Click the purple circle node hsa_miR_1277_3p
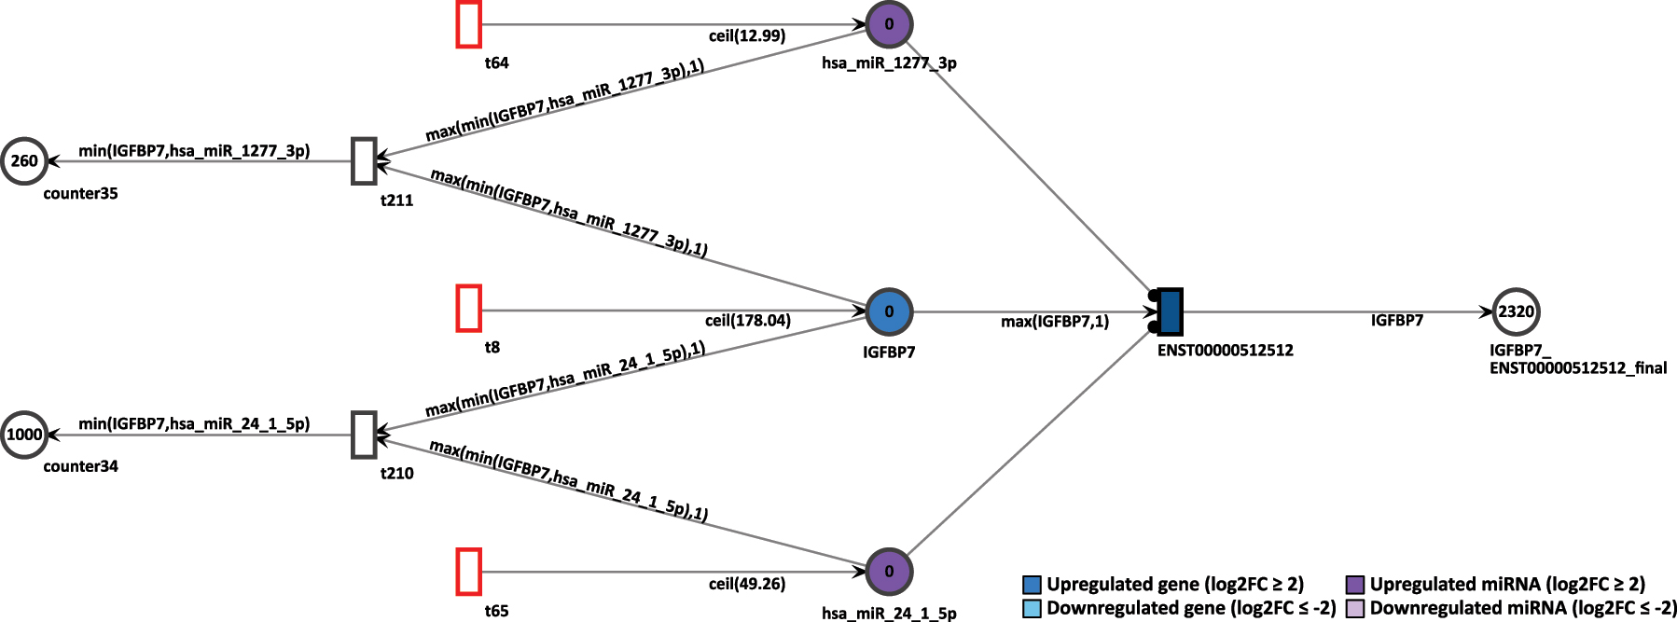(x=889, y=25)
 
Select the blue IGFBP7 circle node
(x=889, y=311)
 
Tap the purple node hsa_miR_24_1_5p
(x=889, y=572)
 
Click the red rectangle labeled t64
(x=469, y=25)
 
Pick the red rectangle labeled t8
(x=469, y=309)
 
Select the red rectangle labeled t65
(x=469, y=572)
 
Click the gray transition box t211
(x=364, y=160)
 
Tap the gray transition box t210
(x=364, y=435)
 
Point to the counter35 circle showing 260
(x=24, y=160)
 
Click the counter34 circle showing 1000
(x=24, y=435)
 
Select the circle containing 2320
(x=1516, y=311)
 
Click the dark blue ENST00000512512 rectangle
(x=1170, y=311)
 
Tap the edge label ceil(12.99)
(x=747, y=36)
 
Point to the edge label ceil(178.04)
(x=747, y=321)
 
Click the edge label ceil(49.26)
(x=747, y=585)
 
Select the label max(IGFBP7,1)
(x=1054, y=322)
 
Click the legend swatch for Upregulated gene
(x=1032, y=585)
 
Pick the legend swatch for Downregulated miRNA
(x=1355, y=609)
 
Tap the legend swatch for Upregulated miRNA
(x=1355, y=585)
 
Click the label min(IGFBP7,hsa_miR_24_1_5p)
(x=194, y=423)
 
